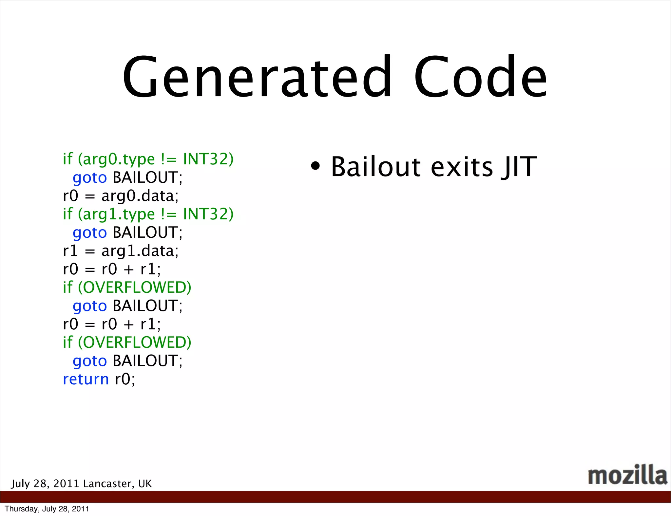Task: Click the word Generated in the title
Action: click(257, 77)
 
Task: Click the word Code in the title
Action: click(480, 77)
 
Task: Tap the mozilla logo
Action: click(627, 475)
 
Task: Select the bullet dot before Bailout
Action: click(315, 166)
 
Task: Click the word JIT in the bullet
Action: click(519, 167)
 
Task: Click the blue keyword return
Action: click(86, 379)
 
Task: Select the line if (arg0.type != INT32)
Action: click(148, 159)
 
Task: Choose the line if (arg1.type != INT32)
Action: click(148, 214)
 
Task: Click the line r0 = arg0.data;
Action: click(121, 196)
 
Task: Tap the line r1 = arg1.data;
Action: click(121, 251)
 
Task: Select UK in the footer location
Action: click(145, 484)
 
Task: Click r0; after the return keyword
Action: click(125, 379)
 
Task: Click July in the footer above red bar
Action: click(20, 484)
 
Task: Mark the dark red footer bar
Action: click(335, 497)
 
